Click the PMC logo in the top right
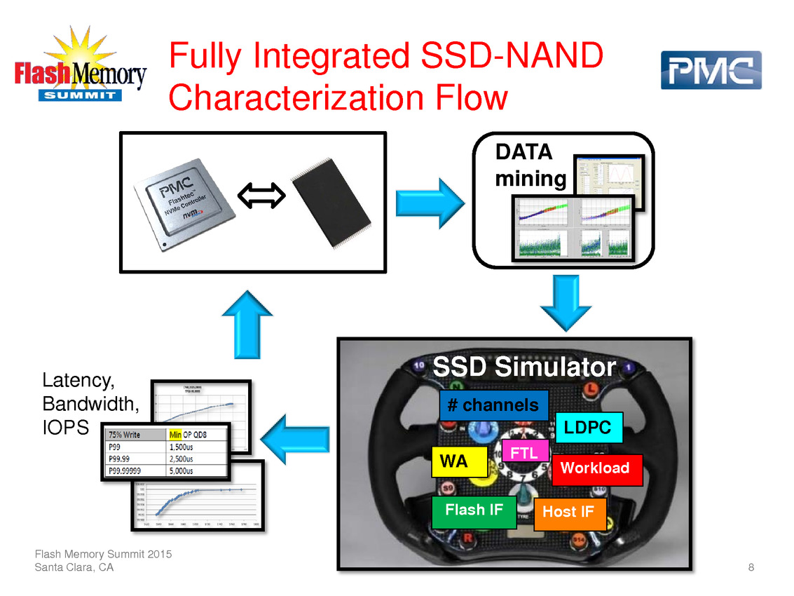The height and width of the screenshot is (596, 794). (711, 70)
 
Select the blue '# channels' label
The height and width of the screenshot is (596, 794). (493, 405)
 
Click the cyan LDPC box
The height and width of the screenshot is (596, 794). (588, 427)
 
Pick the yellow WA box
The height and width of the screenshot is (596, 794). (459, 461)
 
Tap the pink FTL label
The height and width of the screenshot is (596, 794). (524, 453)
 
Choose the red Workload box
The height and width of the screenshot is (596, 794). (596, 468)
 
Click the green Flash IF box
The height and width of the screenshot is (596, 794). (474, 510)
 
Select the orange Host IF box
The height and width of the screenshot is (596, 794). (568, 513)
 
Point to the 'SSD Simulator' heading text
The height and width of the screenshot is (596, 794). (524, 367)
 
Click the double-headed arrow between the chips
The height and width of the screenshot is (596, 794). (261, 195)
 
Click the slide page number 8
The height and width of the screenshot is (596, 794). (751, 567)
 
